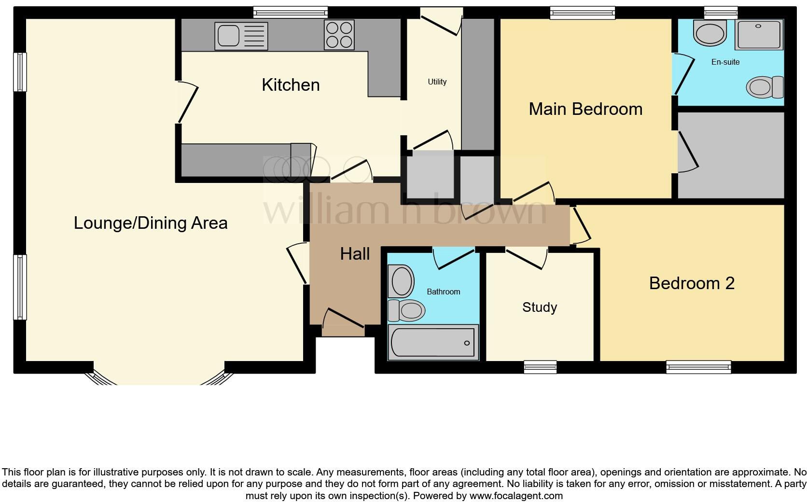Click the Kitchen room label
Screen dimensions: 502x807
(291, 85)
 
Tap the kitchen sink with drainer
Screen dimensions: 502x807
(241, 36)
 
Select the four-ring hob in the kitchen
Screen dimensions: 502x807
(339, 35)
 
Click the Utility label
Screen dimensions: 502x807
(437, 82)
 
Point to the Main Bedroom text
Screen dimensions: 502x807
(585, 109)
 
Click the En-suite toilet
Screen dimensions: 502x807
(765, 87)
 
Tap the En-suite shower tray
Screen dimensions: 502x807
(758, 35)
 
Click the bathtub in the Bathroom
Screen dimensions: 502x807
(433, 343)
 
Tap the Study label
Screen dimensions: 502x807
(540, 307)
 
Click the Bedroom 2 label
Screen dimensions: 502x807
(692, 283)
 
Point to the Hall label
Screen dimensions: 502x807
(355, 254)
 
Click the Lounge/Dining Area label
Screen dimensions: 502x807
(151, 223)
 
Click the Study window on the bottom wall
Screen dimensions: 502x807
(540, 367)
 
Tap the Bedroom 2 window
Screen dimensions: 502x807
(698, 367)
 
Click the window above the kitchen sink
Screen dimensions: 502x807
(290, 12)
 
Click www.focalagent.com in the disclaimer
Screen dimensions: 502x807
(515, 496)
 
